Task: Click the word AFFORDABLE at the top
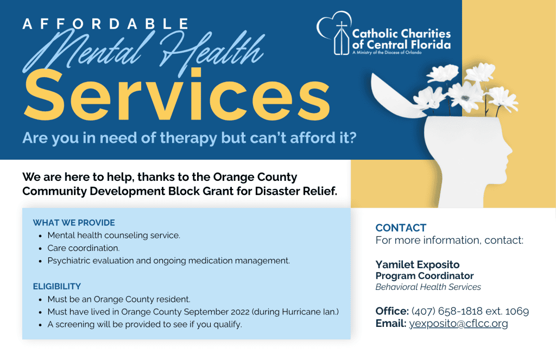click(106, 24)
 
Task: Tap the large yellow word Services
click(177, 95)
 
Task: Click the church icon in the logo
click(342, 39)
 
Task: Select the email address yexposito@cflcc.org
click(458, 324)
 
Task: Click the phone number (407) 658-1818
click(447, 311)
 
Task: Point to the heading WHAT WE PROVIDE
click(74, 223)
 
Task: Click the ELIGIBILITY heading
click(56, 286)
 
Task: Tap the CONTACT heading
click(401, 228)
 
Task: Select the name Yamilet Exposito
click(418, 264)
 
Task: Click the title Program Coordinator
click(425, 276)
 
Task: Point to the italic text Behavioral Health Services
click(428, 287)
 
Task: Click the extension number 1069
click(517, 312)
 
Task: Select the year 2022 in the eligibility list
click(240, 312)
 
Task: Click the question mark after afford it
click(352, 137)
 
